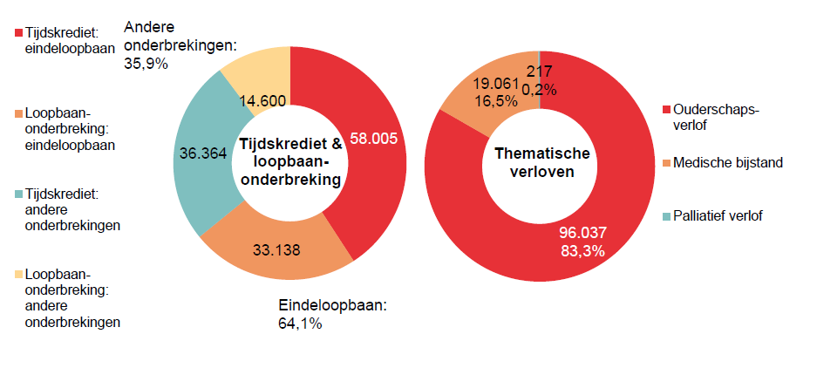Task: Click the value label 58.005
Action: [373, 136]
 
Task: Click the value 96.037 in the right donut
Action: [582, 233]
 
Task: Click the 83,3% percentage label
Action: [582, 250]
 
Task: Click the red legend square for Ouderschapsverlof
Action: [667, 110]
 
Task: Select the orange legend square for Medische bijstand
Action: [667, 162]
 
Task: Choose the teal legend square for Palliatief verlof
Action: [667, 215]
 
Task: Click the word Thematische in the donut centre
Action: [541, 153]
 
